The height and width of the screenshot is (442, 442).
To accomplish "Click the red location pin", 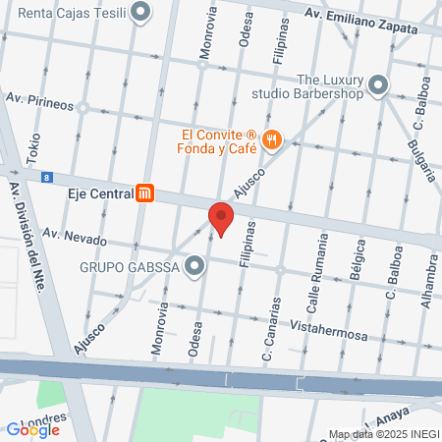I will click(220, 218).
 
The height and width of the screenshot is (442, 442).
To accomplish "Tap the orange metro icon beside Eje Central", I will click(146, 193).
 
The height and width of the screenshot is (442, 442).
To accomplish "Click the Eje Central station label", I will click(99, 193).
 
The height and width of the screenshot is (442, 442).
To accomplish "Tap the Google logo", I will click(32, 429).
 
